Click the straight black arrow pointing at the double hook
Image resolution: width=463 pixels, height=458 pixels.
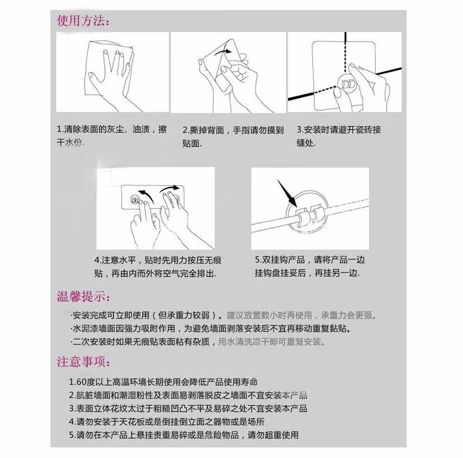pyautogui.click(x=287, y=193)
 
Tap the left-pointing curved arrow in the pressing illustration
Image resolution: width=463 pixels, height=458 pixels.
pyautogui.click(x=146, y=196)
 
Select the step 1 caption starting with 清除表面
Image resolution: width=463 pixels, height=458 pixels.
pyautogui.click(x=111, y=136)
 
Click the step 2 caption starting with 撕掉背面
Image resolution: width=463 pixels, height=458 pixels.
pyautogui.click(x=233, y=137)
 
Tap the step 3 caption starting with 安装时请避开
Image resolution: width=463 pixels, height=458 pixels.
pyautogui.click(x=339, y=136)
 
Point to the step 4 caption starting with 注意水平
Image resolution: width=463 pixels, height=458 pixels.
pyautogui.click(x=158, y=267)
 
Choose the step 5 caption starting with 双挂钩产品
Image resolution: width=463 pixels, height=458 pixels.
pyautogui.click(x=310, y=266)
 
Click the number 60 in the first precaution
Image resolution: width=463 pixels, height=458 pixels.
pyautogui.click(x=81, y=382)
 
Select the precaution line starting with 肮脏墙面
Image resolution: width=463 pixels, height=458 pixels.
pyautogui.click(x=188, y=395)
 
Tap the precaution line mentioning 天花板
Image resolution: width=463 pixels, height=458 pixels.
pyautogui.click(x=166, y=422)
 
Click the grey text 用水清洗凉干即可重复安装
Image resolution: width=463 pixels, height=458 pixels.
pyautogui.click(x=272, y=342)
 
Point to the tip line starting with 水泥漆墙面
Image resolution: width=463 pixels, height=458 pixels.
pyautogui.click(x=211, y=328)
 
